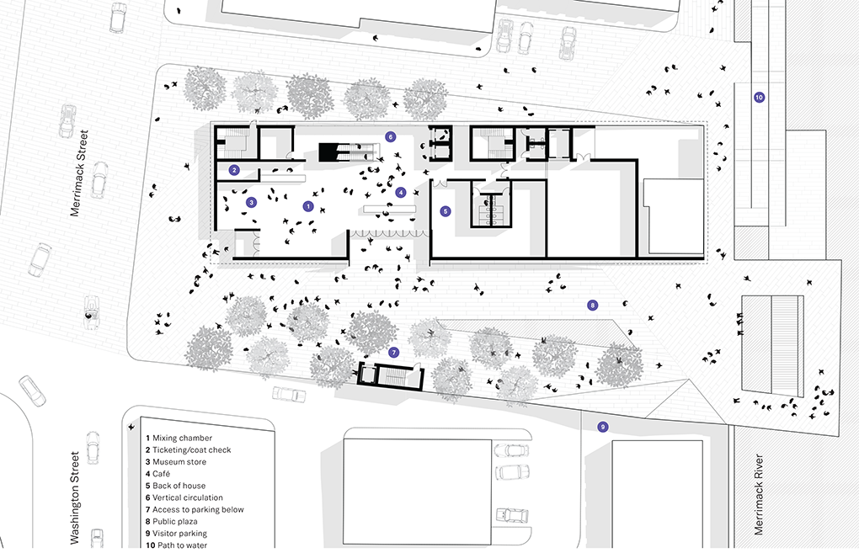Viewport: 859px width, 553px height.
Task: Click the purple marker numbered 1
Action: tap(307, 206)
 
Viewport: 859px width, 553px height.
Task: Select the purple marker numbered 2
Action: tap(234, 170)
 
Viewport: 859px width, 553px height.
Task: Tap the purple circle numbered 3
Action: tap(250, 202)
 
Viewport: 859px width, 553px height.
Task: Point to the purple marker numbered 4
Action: tap(401, 192)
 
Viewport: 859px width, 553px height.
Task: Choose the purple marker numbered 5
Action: tap(446, 211)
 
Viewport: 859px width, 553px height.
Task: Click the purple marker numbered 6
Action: tap(390, 136)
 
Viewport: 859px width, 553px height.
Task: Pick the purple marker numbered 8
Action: tap(592, 305)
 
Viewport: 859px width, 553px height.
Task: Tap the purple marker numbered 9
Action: tap(602, 427)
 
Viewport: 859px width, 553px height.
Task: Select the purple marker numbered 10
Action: tap(759, 98)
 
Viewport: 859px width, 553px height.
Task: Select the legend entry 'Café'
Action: tap(166, 474)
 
